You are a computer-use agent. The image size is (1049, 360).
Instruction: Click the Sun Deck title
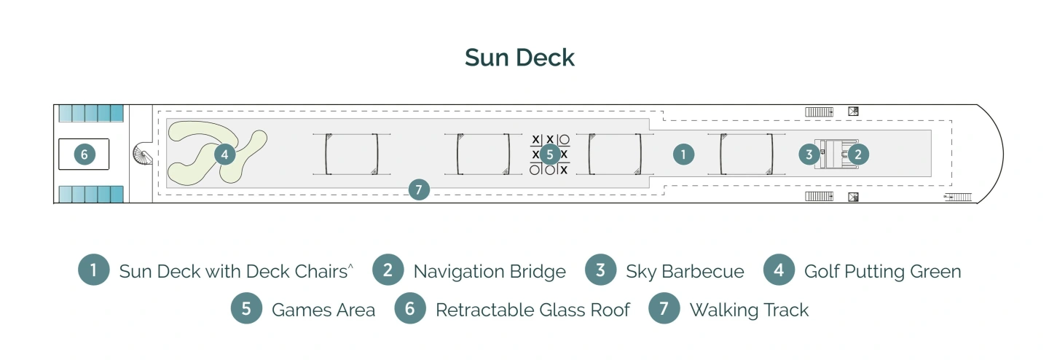coord(520,58)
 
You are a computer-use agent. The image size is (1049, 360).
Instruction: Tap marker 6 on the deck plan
coord(85,154)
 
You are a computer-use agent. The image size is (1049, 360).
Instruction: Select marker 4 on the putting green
coord(224,154)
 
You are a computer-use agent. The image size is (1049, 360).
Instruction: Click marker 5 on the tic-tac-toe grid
coord(550,154)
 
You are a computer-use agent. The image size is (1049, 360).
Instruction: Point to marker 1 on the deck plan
coord(683,154)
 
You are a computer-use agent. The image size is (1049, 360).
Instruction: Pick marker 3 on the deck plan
coord(809,154)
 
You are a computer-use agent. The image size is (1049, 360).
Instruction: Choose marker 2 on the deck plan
coord(858,154)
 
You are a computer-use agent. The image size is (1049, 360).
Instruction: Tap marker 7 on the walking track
coord(418,189)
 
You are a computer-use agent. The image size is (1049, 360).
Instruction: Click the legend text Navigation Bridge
coord(489,272)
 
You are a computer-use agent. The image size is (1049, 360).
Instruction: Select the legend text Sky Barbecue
coord(685,272)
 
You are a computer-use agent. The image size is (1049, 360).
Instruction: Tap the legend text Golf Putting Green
coord(882,272)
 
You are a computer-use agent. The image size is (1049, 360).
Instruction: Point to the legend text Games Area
coord(323,310)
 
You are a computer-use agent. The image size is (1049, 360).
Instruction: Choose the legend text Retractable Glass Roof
coord(533,310)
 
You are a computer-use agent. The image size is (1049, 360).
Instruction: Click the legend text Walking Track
coord(749,310)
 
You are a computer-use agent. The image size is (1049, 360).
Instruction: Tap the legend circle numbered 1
coord(94,271)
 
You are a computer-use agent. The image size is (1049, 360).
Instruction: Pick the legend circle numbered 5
coord(246,309)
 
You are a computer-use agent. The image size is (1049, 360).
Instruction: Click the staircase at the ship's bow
coord(959,197)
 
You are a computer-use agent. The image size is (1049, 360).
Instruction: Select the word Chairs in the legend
coord(318,272)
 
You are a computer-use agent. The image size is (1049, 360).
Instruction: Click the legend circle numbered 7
coord(664,309)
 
